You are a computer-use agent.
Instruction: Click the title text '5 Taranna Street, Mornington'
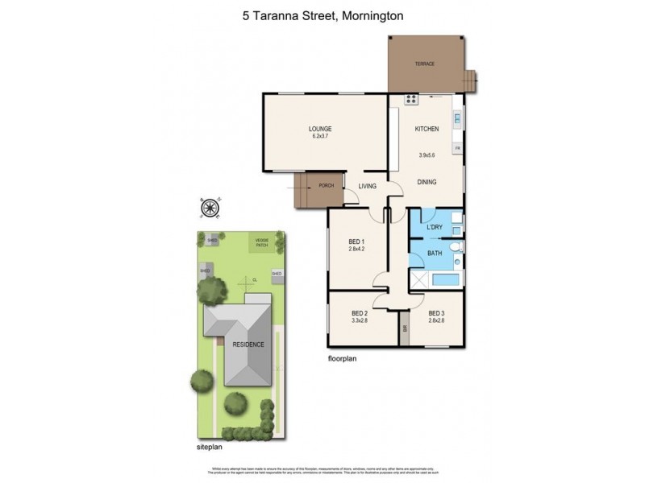pyautogui.click(x=322, y=14)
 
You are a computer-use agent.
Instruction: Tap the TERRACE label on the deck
pyautogui.click(x=424, y=64)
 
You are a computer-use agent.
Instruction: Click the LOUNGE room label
pyautogui.click(x=320, y=129)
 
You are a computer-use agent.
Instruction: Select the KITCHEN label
pyautogui.click(x=427, y=129)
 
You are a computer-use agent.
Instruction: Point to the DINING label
pyautogui.click(x=427, y=182)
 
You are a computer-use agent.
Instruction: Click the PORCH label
pyautogui.click(x=327, y=186)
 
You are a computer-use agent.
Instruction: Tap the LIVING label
pyautogui.click(x=368, y=187)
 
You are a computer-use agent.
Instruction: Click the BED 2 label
pyautogui.click(x=360, y=314)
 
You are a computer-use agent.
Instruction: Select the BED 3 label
pyautogui.click(x=436, y=314)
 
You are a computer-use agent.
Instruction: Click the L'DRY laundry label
pyautogui.click(x=435, y=229)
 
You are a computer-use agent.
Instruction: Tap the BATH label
pyautogui.click(x=434, y=254)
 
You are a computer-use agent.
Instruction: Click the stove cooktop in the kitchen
pyautogui.click(x=411, y=101)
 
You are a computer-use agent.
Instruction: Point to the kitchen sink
pyautogui.click(x=456, y=122)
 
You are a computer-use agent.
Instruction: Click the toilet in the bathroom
pyautogui.click(x=455, y=247)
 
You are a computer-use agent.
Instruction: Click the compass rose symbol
pyautogui.click(x=211, y=208)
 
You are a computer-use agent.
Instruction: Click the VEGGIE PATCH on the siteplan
pyautogui.click(x=261, y=242)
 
